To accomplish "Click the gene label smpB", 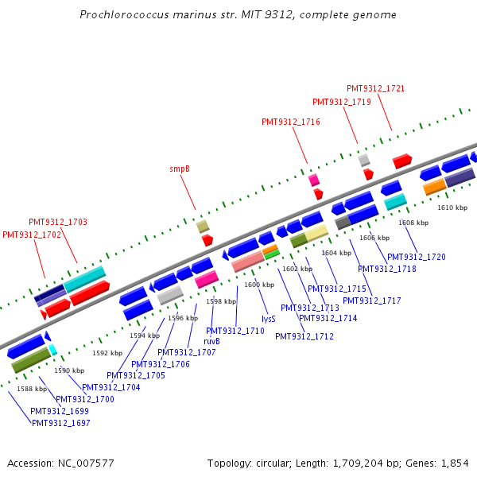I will [x=180, y=169].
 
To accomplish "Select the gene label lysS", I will [x=269, y=318].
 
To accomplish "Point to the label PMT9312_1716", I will [x=290, y=122].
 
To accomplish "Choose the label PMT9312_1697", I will [x=60, y=423].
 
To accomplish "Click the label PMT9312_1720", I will [x=417, y=257].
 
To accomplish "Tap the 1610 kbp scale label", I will [x=452, y=207].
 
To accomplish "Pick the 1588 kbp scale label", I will [x=32, y=389].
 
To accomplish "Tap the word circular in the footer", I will [x=276, y=463].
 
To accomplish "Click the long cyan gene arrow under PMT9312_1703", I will [x=84, y=278].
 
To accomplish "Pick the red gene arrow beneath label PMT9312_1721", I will [x=401, y=161].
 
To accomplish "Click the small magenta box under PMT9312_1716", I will [x=314, y=180].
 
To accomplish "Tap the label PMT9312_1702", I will [x=32, y=235].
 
